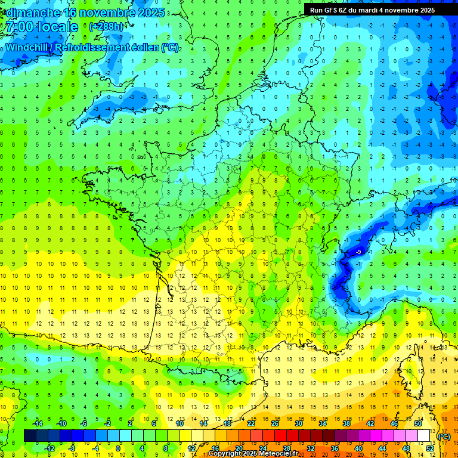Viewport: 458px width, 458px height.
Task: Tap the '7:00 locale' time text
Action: pyautogui.click(x=42, y=27)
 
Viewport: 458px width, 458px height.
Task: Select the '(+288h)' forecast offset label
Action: pyautogui.click(x=106, y=27)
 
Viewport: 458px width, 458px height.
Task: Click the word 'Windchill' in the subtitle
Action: pyautogui.click(x=26, y=47)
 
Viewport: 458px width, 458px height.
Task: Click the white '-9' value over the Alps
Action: pyautogui.click(x=358, y=253)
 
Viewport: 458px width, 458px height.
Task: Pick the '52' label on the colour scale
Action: pyautogui.click(x=430, y=448)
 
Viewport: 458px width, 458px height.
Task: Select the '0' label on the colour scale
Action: pyautogui.click(x=118, y=448)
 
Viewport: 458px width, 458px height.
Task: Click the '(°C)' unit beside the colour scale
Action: pyautogui.click(x=444, y=436)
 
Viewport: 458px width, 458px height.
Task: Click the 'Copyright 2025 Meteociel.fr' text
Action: pyautogui.click(x=253, y=454)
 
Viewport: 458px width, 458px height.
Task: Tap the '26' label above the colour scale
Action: pyautogui.click(x=275, y=423)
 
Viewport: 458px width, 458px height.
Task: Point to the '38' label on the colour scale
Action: pyautogui.click(x=346, y=423)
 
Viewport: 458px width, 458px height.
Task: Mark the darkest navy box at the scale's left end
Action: pyautogui.click(x=30, y=436)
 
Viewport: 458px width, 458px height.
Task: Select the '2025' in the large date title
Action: pyautogui.click(x=151, y=13)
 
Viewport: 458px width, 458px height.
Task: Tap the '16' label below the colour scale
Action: pyautogui.click(x=215, y=448)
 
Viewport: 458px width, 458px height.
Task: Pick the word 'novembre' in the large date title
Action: pyautogui.click(x=108, y=13)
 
